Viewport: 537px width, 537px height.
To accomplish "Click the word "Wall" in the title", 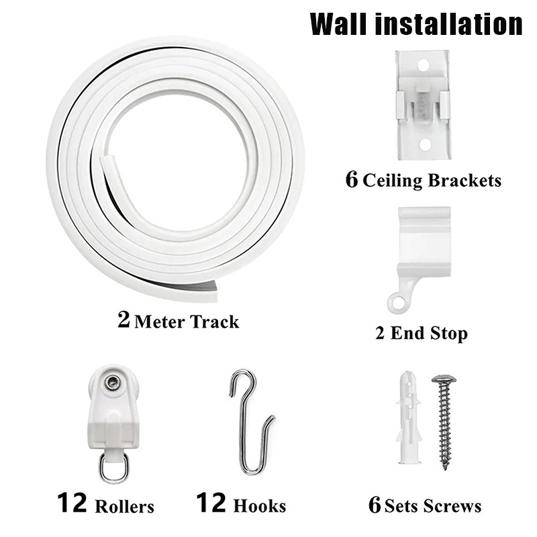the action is tap(340, 24).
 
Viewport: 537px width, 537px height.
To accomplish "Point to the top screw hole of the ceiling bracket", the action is tap(424, 64).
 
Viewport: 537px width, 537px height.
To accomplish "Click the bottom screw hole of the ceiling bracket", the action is tap(425, 144).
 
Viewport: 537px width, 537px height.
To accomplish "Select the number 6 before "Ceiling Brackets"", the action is tap(352, 179).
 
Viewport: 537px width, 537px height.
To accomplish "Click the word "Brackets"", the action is tap(465, 180).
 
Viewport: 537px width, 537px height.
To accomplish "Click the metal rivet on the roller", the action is tap(112, 382).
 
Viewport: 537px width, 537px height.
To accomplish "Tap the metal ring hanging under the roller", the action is tap(114, 467).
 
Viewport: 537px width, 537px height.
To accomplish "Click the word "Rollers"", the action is tap(124, 507).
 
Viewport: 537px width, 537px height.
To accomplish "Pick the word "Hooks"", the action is tap(259, 506).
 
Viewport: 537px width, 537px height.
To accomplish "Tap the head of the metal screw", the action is tap(444, 379).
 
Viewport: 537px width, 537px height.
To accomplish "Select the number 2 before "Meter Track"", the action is tap(124, 320).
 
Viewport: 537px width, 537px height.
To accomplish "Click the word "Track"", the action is tap(214, 322).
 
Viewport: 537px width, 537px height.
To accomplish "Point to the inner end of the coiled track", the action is tap(107, 160).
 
